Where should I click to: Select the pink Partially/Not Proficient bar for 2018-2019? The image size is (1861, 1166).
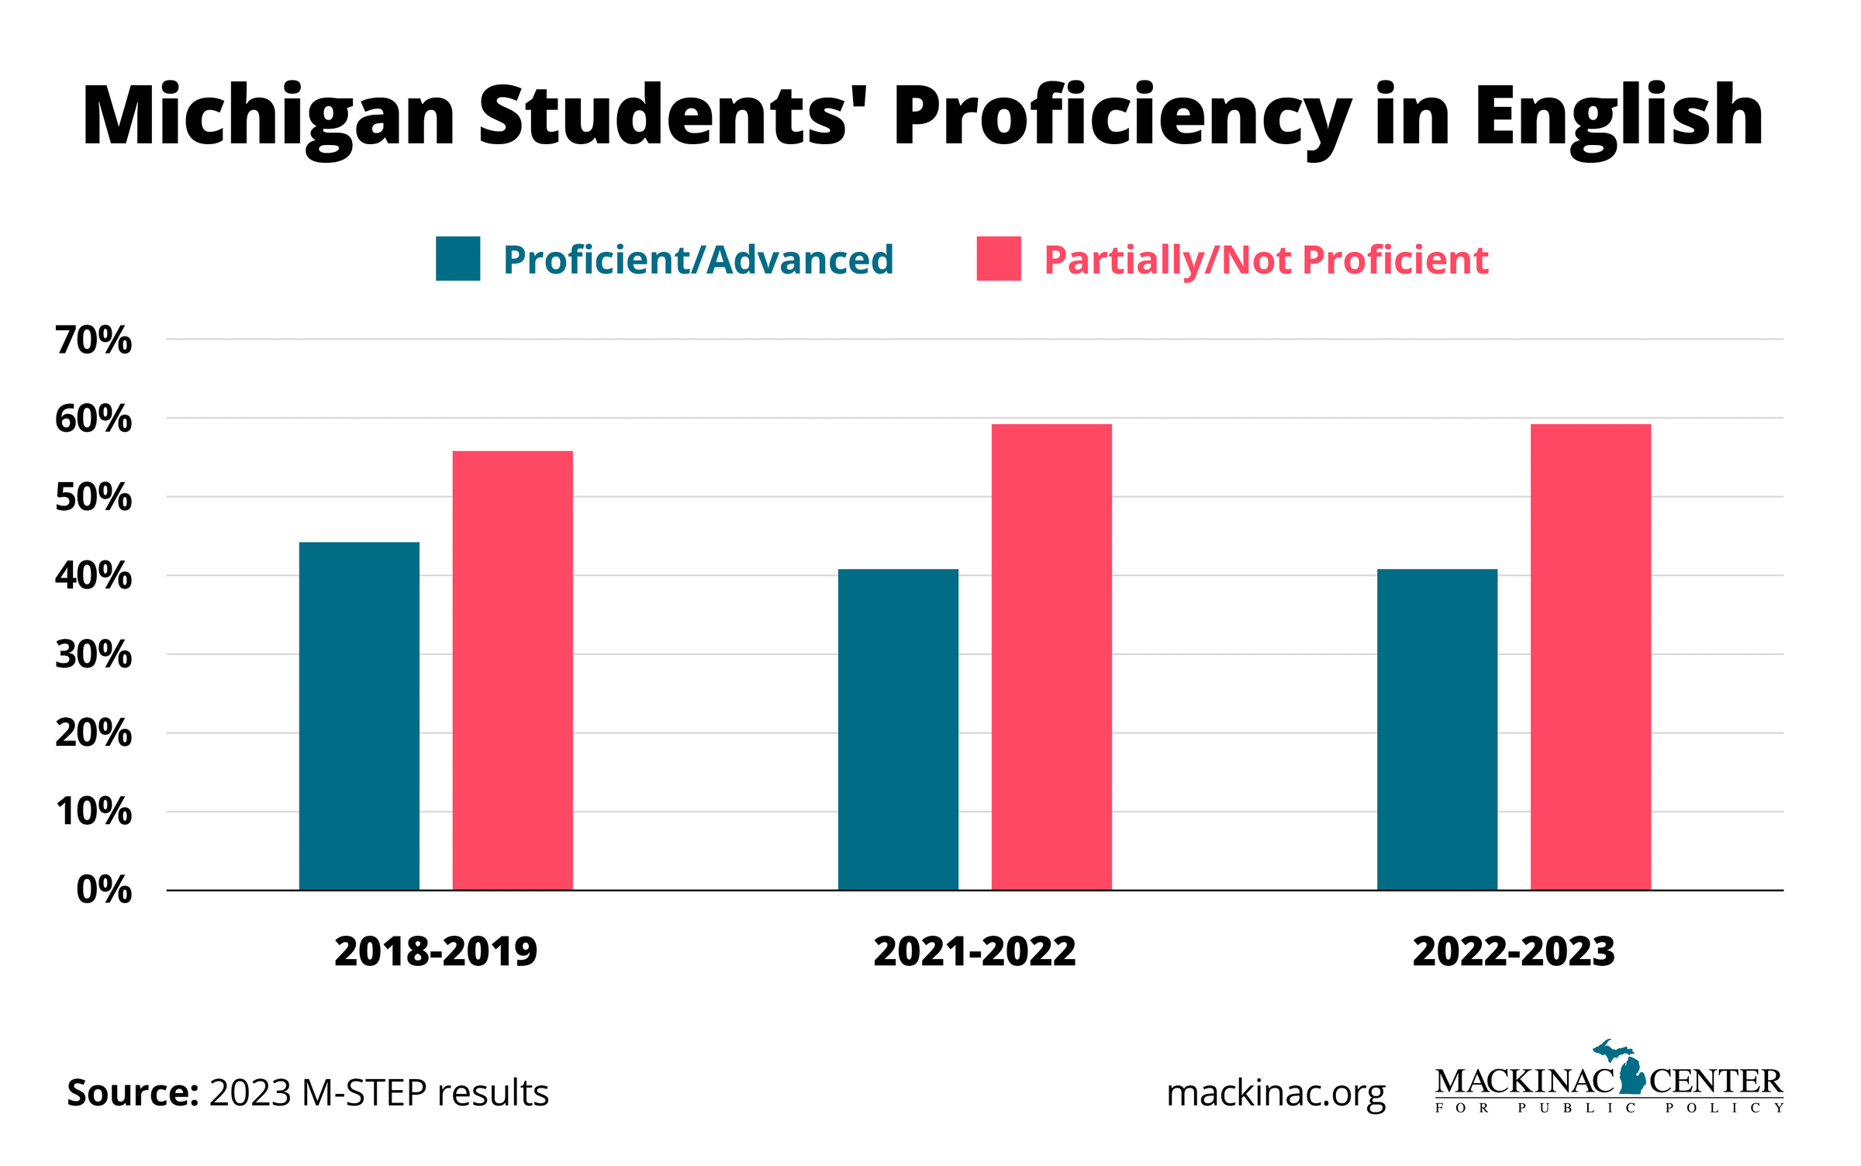point(513,670)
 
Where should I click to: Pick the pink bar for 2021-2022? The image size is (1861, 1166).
point(1051,657)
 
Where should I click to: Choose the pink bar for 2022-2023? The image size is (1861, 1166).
point(1590,657)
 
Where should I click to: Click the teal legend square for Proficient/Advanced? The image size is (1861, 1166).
point(457,258)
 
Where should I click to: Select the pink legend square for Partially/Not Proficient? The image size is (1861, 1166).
point(998,258)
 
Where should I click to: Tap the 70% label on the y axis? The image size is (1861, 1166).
point(93,340)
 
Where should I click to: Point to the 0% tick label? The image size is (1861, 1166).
point(104,889)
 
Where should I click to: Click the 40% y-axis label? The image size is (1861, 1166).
point(93,576)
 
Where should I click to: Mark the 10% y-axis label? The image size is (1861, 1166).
point(93,812)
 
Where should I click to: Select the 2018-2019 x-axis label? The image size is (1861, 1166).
point(436,951)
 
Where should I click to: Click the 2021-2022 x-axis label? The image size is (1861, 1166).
point(975,951)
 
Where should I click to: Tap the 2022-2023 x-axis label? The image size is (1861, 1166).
point(1514,951)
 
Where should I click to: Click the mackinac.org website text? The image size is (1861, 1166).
point(1276,1093)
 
